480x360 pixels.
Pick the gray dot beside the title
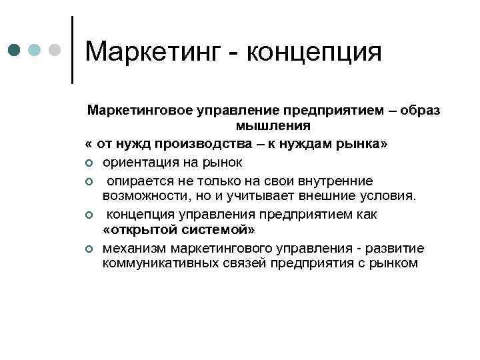(56, 50)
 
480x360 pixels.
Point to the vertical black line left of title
(71, 50)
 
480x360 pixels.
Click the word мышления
(263, 125)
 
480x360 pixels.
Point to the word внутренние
(336, 181)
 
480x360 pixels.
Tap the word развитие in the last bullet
(396, 248)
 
